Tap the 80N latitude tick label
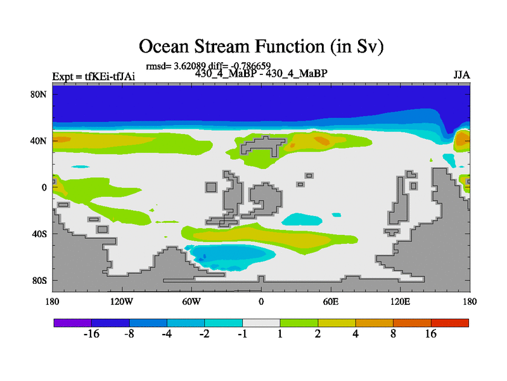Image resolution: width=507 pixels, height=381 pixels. point(39,94)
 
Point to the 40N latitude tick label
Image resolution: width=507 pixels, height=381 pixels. point(39,141)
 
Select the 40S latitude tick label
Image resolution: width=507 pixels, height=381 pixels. point(39,234)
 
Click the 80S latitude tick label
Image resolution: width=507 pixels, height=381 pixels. point(39,280)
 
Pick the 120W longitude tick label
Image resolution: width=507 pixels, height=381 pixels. point(122,302)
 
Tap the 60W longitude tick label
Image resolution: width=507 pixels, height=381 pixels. point(191,302)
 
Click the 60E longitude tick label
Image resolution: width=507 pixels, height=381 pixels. point(331,302)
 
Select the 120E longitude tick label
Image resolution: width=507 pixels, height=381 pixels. point(401,302)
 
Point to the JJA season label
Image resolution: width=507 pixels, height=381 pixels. point(462,75)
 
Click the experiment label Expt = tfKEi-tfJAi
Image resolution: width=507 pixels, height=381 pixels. point(93,76)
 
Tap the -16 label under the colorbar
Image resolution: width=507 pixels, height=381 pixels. point(91,334)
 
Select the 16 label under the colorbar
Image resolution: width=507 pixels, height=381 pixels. point(431,334)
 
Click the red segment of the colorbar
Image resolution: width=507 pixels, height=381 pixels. point(450,323)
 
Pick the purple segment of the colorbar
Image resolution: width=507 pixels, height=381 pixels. point(73,323)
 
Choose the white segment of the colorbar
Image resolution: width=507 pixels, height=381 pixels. point(261,323)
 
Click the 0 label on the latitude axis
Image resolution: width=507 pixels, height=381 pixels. point(44,187)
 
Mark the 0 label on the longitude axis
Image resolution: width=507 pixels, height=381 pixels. point(261,302)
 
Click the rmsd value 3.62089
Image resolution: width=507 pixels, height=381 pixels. point(189,66)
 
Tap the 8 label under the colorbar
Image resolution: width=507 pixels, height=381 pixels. point(393,334)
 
